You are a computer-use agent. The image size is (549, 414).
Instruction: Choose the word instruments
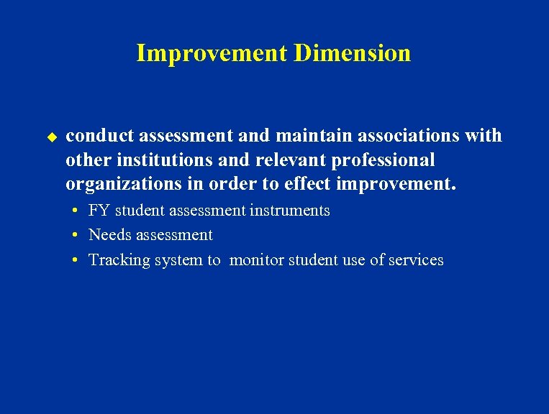[x=291, y=211]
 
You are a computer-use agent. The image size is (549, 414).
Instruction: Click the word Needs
[x=108, y=235]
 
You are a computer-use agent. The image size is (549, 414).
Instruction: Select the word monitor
[x=257, y=260]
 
